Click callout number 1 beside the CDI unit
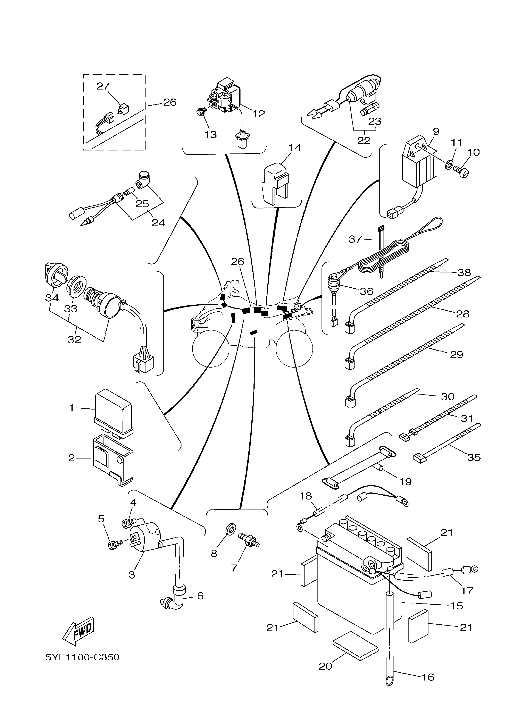[x=72, y=408]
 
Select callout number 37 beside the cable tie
[x=355, y=239]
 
